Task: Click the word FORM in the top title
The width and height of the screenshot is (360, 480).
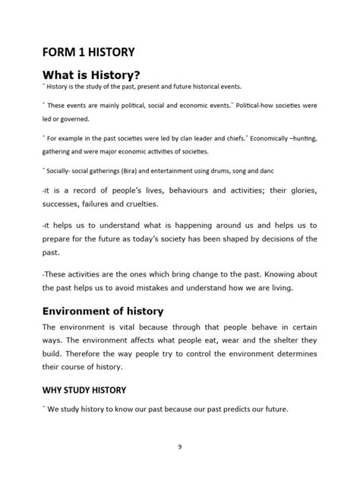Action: point(59,52)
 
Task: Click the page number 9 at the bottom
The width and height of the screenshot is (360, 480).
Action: point(179,447)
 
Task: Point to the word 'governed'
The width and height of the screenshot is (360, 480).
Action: point(74,119)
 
